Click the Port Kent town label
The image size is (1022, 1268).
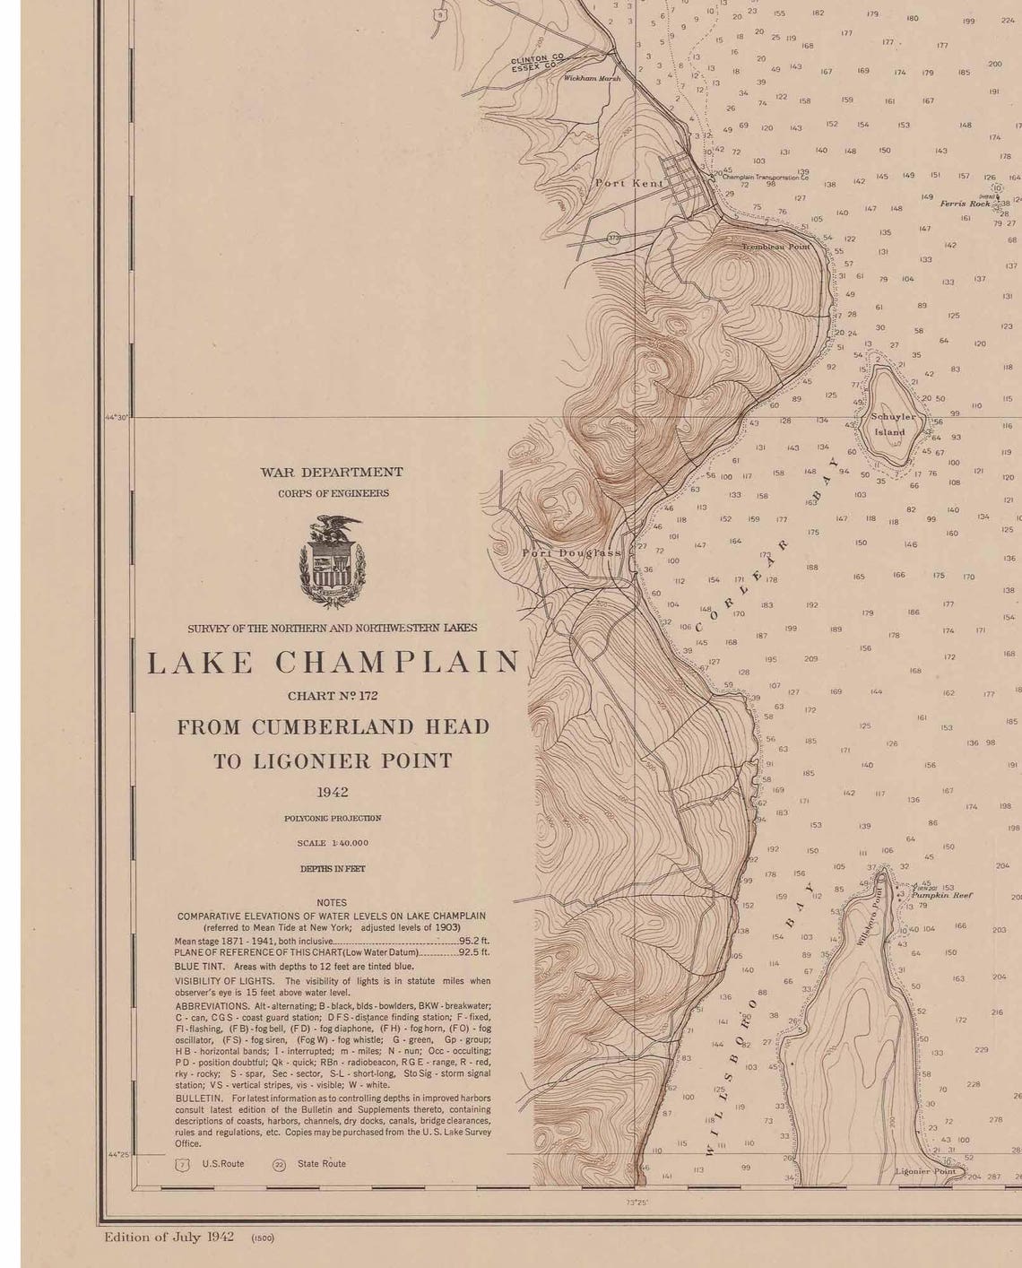coord(629,183)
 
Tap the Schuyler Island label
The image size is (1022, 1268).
coord(893,424)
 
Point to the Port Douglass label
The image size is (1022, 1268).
coord(571,553)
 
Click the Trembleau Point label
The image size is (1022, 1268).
coord(775,246)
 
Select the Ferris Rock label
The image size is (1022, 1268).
coord(965,204)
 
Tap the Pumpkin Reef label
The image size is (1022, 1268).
coord(942,895)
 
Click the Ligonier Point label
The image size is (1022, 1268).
coord(925,1171)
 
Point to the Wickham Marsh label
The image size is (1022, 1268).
coord(591,79)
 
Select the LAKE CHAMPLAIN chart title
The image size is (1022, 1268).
coord(333,663)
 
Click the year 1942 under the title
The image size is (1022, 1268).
coord(333,792)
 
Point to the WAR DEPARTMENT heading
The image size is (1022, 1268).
coord(332,472)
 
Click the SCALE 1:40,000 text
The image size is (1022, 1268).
coord(333,843)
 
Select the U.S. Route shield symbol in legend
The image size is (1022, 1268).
coord(183,1164)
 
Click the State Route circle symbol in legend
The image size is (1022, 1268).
coord(279,1164)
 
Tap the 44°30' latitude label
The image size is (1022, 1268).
coord(118,417)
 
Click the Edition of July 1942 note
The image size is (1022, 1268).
coord(169,1237)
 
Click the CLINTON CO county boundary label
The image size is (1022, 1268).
coord(537,59)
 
